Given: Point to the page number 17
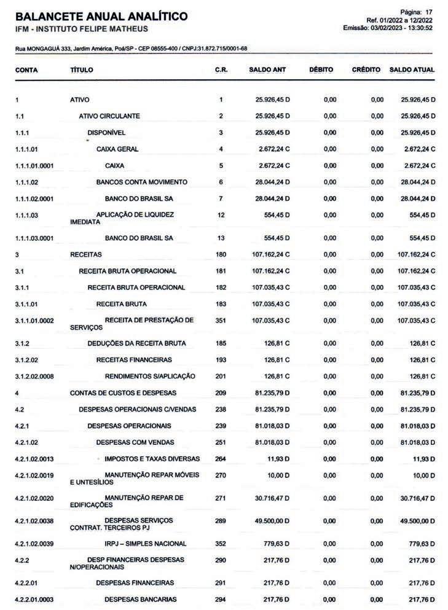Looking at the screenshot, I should [429, 12].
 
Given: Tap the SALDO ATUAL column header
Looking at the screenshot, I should [412, 70].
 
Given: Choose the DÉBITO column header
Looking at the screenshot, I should [321, 70].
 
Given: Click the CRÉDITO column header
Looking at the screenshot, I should [366, 70].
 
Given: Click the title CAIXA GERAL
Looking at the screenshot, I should [117, 149].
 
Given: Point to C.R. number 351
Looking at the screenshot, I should [221, 320].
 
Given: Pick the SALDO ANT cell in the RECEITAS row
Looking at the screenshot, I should [270, 254].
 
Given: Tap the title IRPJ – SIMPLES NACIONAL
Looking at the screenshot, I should [146, 543].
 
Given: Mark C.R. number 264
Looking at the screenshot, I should [221, 459].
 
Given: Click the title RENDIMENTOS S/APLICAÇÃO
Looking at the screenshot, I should [150, 376].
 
